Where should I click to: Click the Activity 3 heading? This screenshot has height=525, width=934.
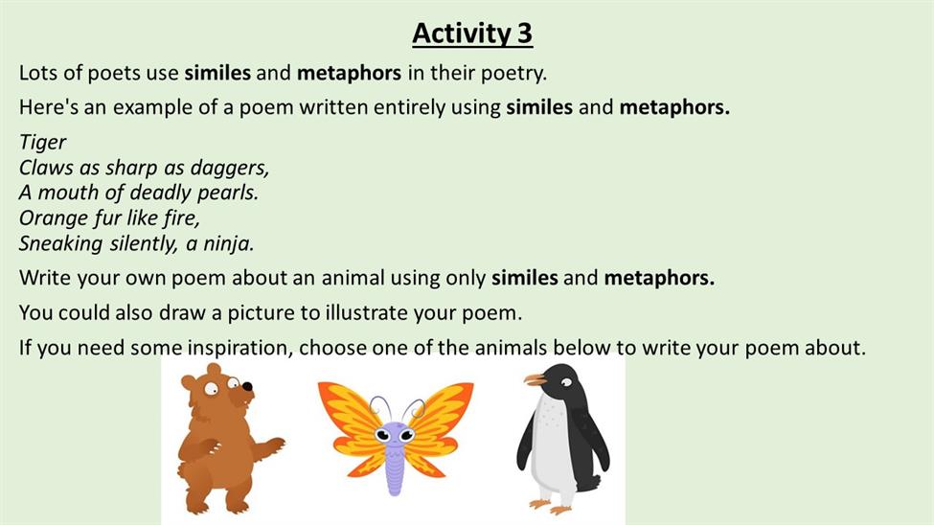pos(472,33)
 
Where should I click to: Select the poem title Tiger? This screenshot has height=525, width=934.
pos(42,143)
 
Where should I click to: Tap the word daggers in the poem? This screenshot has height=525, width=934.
pos(230,168)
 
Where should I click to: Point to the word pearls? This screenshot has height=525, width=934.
pos(228,194)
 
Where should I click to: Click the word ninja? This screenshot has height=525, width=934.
pos(229,243)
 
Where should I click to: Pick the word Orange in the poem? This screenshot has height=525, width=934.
pos(54,218)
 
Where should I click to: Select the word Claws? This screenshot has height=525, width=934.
pos(45,168)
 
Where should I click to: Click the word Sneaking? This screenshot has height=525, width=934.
pos(53,243)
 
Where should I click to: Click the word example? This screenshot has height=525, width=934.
pos(154,108)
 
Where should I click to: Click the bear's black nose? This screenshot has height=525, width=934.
pos(246,386)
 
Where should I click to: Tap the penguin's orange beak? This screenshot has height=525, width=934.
pos(535,379)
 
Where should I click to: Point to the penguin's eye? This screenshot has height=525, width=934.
pos(566,382)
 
